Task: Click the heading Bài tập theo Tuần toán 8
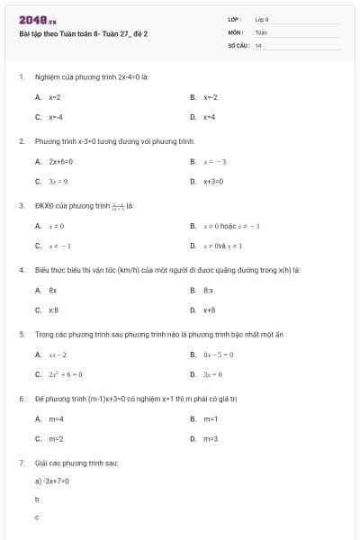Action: coord(83,34)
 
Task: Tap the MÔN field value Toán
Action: coord(261,31)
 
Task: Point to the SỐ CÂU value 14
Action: coord(258,44)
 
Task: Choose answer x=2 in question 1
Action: coord(55,96)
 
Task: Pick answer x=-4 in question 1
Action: coord(56,117)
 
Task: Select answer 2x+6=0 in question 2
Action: coord(60,161)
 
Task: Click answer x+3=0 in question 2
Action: coord(213,181)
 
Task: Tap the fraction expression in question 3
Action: coord(118,205)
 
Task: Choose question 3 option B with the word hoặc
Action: coord(231,226)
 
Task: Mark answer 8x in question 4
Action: coord(53,290)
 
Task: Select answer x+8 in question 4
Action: coord(209,310)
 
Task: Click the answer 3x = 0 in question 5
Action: coord(212,373)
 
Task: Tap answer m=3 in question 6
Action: coord(211,438)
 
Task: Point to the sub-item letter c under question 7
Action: coord(37,517)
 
